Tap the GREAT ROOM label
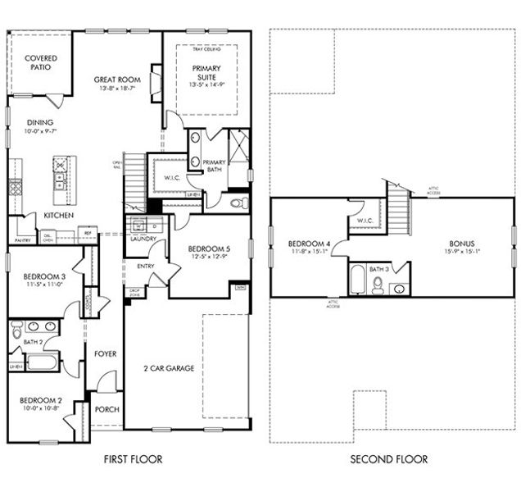pyautogui.click(x=117, y=80)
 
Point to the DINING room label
pyautogui.click(x=40, y=123)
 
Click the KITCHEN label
pyautogui.click(x=59, y=216)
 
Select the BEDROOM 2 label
pyautogui.click(x=43, y=401)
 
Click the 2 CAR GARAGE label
pyautogui.click(x=168, y=368)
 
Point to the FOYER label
pyautogui.click(x=106, y=354)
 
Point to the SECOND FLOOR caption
pyautogui.click(x=388, y=459)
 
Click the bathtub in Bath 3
pyautogui.click(x=358, y=279)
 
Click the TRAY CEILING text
pyautogui.click(x=207, y=49)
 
